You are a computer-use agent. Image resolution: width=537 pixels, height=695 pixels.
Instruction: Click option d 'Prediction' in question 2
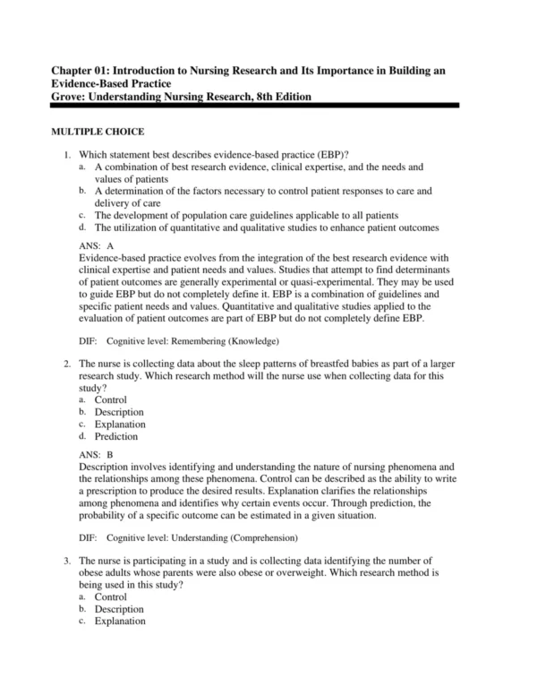(x=116, y=437)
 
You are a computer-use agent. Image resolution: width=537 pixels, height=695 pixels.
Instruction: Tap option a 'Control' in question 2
(x=111, y=399)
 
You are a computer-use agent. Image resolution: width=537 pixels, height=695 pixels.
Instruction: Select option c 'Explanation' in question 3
(x=120, y=621)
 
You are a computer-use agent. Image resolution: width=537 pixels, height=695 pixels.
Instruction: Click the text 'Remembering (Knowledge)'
(x=224, y=341)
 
